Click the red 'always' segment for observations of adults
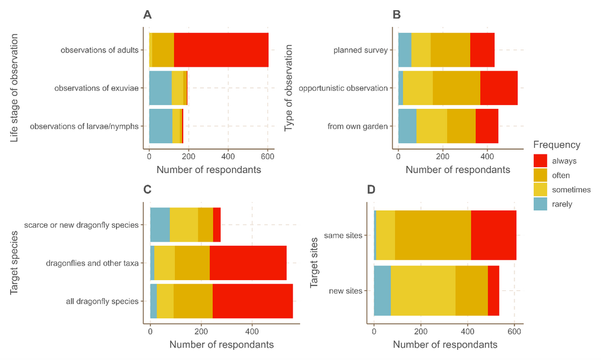pyautogui.click(x=221, y=50)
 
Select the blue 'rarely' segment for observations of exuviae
pyautogui.click(x=160, y=88)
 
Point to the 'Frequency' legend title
pyautogui.click(x=557, y=145)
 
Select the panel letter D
pyautogui.click(x=371, y=190)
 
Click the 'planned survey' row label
pyautogui.click(x=361, y=50)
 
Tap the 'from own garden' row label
pyautogui.click(x=358, y=126)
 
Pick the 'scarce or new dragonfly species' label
pyautogui.click(x=81, y=225)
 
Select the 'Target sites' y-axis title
pyautogui.click(x=314, y=262)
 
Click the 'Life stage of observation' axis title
pyautogui.click(x=14, y=88)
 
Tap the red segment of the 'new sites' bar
pyautogui.click(x=493, y=291)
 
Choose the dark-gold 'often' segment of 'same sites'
pyautogui.click(x=433, y=235)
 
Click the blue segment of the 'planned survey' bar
pyautogui.click(x=405, y=50)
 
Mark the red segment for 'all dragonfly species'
pyautogui.click(x=252, y=301)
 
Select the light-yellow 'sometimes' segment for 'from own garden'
pyautogui.click(x=432, y=126)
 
